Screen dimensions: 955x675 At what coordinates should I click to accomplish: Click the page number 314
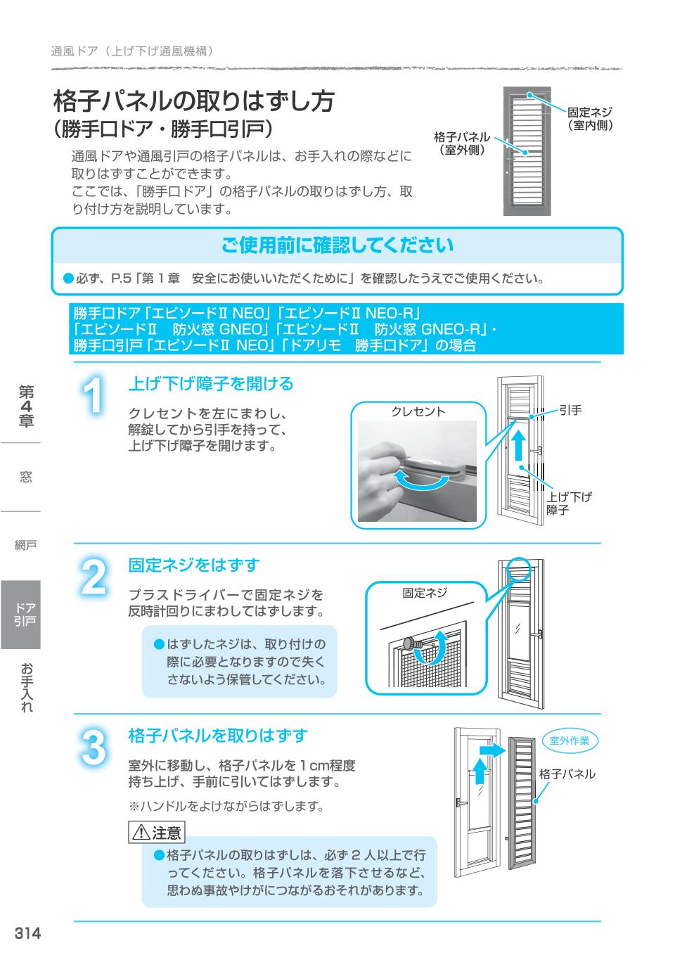28,933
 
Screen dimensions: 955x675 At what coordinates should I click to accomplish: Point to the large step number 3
94,747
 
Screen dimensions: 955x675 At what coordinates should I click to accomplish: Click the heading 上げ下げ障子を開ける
210,384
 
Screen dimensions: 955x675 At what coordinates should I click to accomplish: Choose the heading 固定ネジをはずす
193,565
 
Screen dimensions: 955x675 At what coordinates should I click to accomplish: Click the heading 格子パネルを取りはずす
218,736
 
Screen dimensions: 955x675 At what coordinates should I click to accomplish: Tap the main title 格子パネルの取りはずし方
194,101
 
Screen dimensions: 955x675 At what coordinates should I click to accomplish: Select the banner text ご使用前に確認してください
337,245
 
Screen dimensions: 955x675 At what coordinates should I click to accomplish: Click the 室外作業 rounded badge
570,741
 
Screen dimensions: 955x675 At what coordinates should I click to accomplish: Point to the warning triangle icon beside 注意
141,833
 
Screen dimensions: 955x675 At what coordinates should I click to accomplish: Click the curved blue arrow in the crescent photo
420,481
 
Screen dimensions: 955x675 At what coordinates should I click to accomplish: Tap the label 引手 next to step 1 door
570,411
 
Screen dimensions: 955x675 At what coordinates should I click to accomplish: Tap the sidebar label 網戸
25,545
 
